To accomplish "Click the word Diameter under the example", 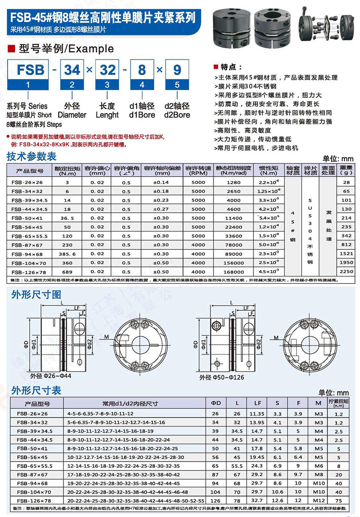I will click(72, 115).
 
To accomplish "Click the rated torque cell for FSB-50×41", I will click(67, 218).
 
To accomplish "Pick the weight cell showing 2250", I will click(346, 271).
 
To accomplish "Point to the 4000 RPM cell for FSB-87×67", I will click(198, 245).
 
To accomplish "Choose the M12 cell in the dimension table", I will click(318, 501).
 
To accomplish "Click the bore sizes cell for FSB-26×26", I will click(100, 413).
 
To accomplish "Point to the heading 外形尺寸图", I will click(36, 295).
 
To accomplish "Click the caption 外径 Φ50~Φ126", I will click(222, 377).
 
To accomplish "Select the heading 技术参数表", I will click(32, 156).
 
